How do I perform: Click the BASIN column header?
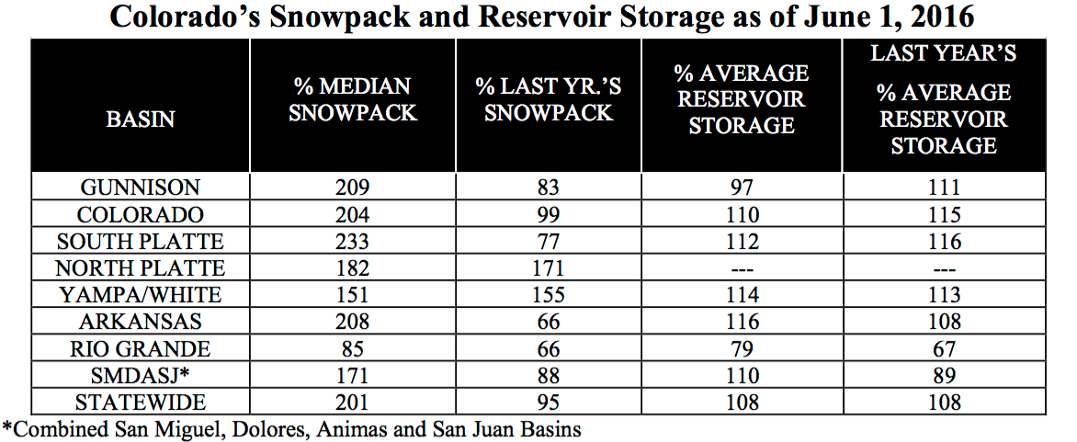(x=140, y=119)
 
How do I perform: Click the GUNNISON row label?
(x=140, y=188)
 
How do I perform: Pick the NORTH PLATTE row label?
(x=140, y=268)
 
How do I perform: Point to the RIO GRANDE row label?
(x=140, y=349)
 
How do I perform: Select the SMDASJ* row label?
(x=140, y=376)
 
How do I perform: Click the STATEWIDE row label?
(x=140, y=402)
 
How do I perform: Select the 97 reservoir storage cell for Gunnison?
(x=741, y=188)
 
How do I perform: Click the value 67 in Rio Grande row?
(x=943, y=349)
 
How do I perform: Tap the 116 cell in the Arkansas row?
(x=741, y=323)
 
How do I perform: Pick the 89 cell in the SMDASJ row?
(x=943, y=376)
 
